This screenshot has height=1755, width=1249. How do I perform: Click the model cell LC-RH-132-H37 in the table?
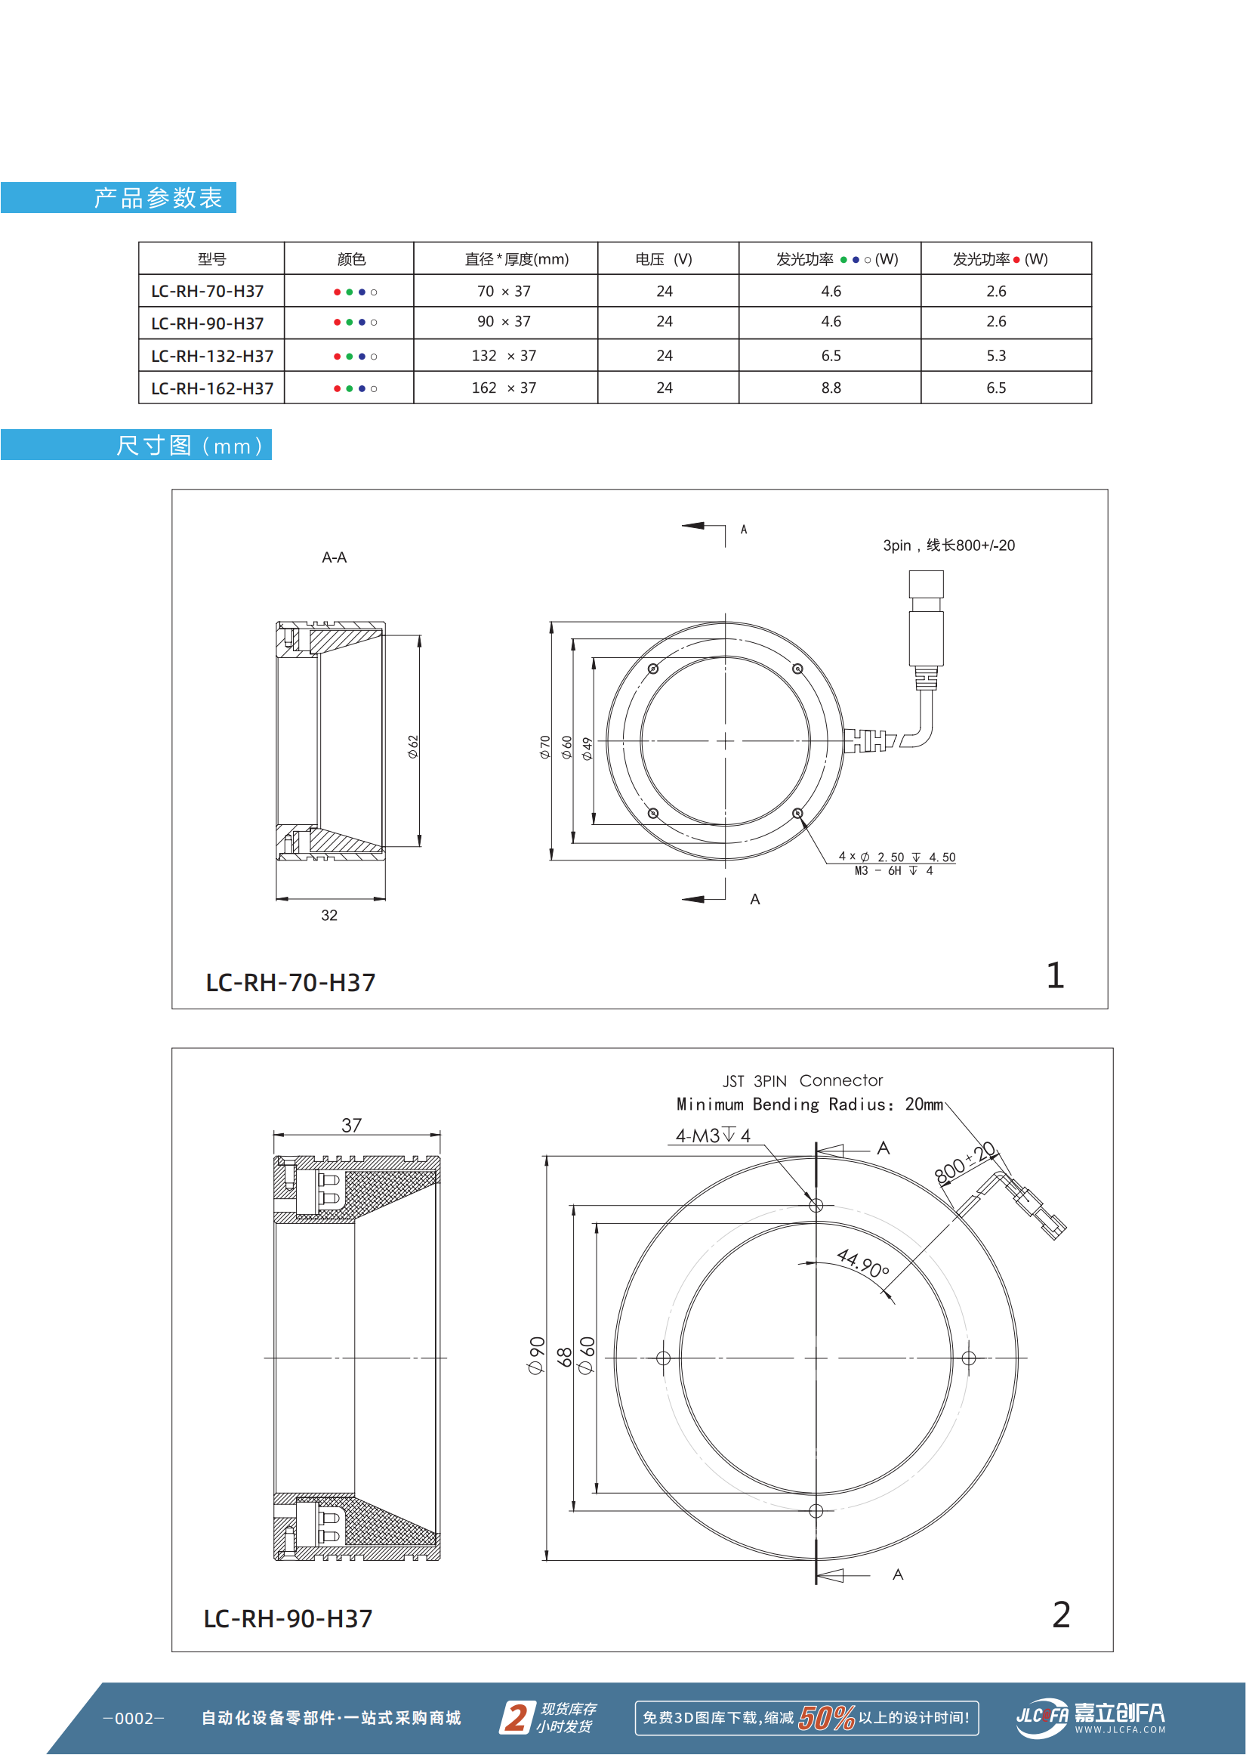(212, 357)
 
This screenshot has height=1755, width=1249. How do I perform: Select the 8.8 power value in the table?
(831, 388)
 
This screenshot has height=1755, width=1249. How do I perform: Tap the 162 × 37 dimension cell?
(504, 388)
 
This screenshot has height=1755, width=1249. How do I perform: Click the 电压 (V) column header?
(663, 259)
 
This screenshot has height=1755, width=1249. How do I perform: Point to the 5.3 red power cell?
(996, 356)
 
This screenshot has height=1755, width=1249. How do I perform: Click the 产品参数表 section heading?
(158, 198)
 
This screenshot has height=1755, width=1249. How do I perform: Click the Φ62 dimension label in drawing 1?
(414, 746)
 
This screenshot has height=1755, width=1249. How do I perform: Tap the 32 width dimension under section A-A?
(329, 915)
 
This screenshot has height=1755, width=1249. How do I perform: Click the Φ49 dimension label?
(587, 748)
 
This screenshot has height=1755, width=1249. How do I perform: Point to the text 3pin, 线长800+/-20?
(948, 545)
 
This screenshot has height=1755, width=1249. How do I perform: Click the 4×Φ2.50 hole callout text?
(897, 856)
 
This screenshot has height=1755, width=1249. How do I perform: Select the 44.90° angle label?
(863, 1262)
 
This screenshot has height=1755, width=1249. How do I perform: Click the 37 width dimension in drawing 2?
(351, 1125)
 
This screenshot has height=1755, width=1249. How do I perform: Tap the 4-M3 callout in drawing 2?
(712, 1135)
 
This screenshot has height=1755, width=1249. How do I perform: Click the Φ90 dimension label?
(536, 1355)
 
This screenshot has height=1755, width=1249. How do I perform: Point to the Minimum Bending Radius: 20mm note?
(809, 1104)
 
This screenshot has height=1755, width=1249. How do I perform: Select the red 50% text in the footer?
(826, 1717)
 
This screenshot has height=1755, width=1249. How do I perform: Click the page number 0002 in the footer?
(134, 1718)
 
